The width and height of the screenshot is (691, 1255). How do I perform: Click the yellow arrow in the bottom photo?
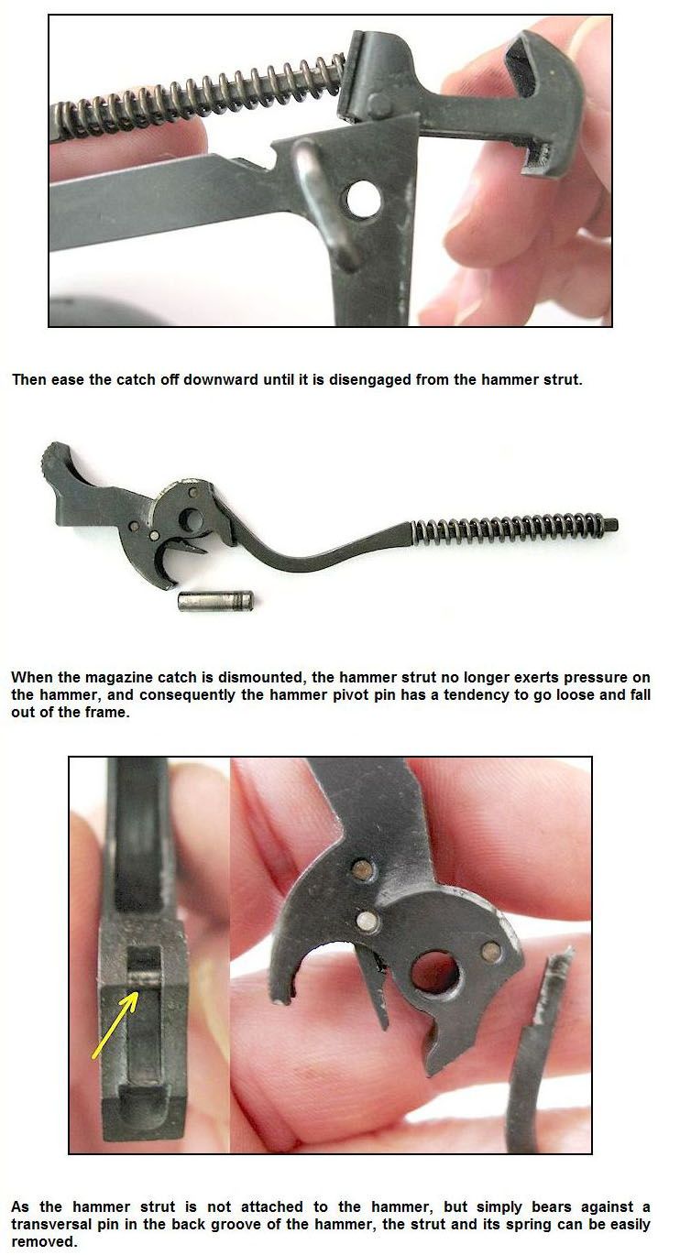click(115, 1025)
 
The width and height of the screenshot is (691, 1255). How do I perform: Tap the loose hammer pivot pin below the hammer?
click(215, 601)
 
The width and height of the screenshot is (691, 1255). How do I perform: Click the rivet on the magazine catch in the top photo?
click(379, 104)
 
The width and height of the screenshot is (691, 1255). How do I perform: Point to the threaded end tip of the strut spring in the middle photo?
click(616, 525)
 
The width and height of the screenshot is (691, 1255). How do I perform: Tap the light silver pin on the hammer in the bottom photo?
click(367, 920)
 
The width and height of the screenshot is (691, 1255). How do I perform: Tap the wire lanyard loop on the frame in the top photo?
click(323, 204)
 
